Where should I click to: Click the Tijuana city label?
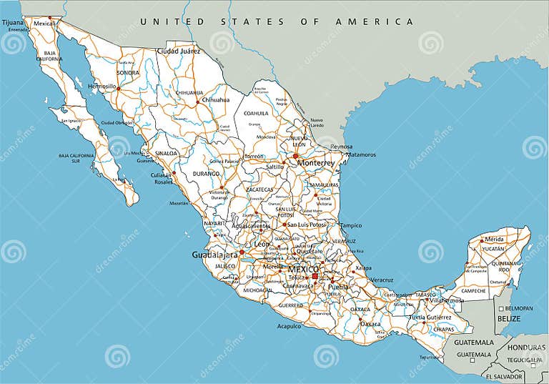[12, 23]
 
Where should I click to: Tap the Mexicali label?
[44, 24]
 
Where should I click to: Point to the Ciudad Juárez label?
[177, 51]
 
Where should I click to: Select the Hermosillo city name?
[102, 86]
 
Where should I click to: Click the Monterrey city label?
[315, 163]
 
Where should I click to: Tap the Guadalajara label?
[214, 255]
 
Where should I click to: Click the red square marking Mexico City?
[315, 276]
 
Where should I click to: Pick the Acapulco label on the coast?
[290, 326]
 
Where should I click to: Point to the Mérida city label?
[494, 239]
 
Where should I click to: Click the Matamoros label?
[361, 154]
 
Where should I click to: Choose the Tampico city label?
[351, 225]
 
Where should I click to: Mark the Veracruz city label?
[382, 280]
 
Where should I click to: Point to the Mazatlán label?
[179, 203]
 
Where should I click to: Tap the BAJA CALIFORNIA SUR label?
[76, 157]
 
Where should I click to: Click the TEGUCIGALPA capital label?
[525, 359]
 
